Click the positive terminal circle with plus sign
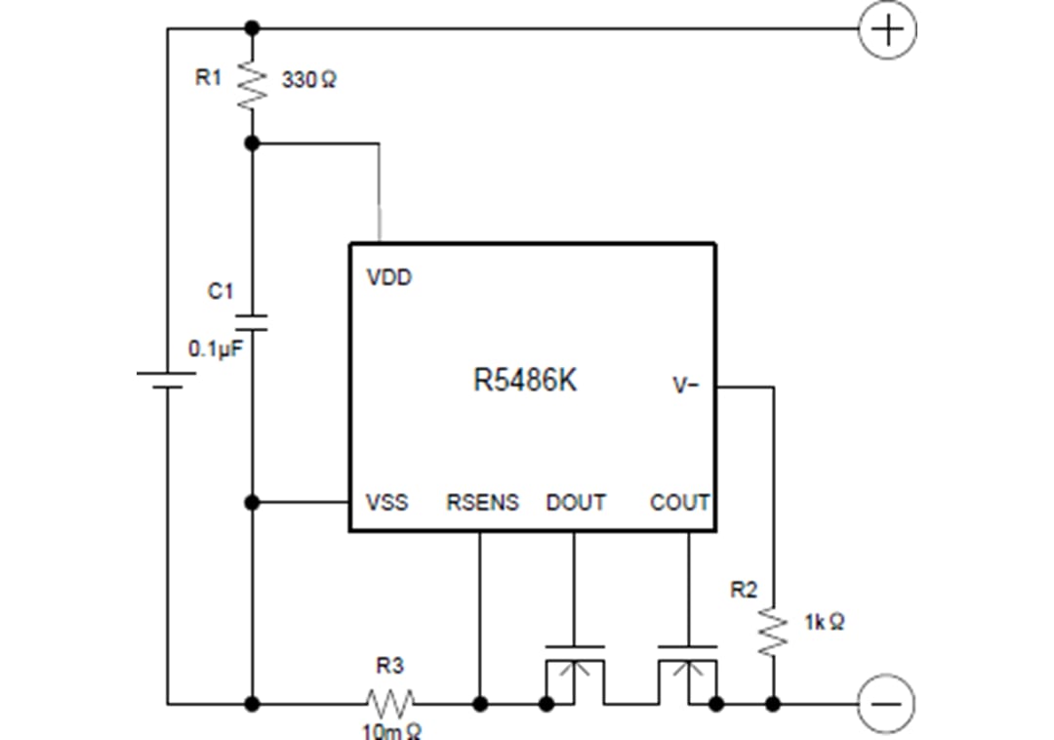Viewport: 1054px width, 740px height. (886, 29)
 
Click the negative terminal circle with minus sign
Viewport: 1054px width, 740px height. (886, 703)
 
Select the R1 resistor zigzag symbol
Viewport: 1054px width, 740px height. (252, 85)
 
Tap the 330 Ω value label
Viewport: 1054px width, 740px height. (308, 81)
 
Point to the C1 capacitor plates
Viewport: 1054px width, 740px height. (252, 323)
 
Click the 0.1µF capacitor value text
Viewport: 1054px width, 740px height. (215, 349)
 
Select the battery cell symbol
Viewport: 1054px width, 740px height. (168, 379)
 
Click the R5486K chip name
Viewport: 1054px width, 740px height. (525, 381)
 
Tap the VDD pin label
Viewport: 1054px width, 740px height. (389, 277)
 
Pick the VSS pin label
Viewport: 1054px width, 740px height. (386, 503)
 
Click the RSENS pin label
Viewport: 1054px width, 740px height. (482, 503)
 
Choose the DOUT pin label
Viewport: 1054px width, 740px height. (576, 503)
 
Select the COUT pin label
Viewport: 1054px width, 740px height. (679, 503)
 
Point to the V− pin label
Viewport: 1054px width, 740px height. (686, 386)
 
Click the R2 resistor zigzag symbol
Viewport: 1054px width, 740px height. (773, 632)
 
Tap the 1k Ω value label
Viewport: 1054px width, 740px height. (824, 622)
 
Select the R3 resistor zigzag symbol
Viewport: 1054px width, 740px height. (389, 702)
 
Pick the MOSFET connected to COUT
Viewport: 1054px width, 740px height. (688, 674)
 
